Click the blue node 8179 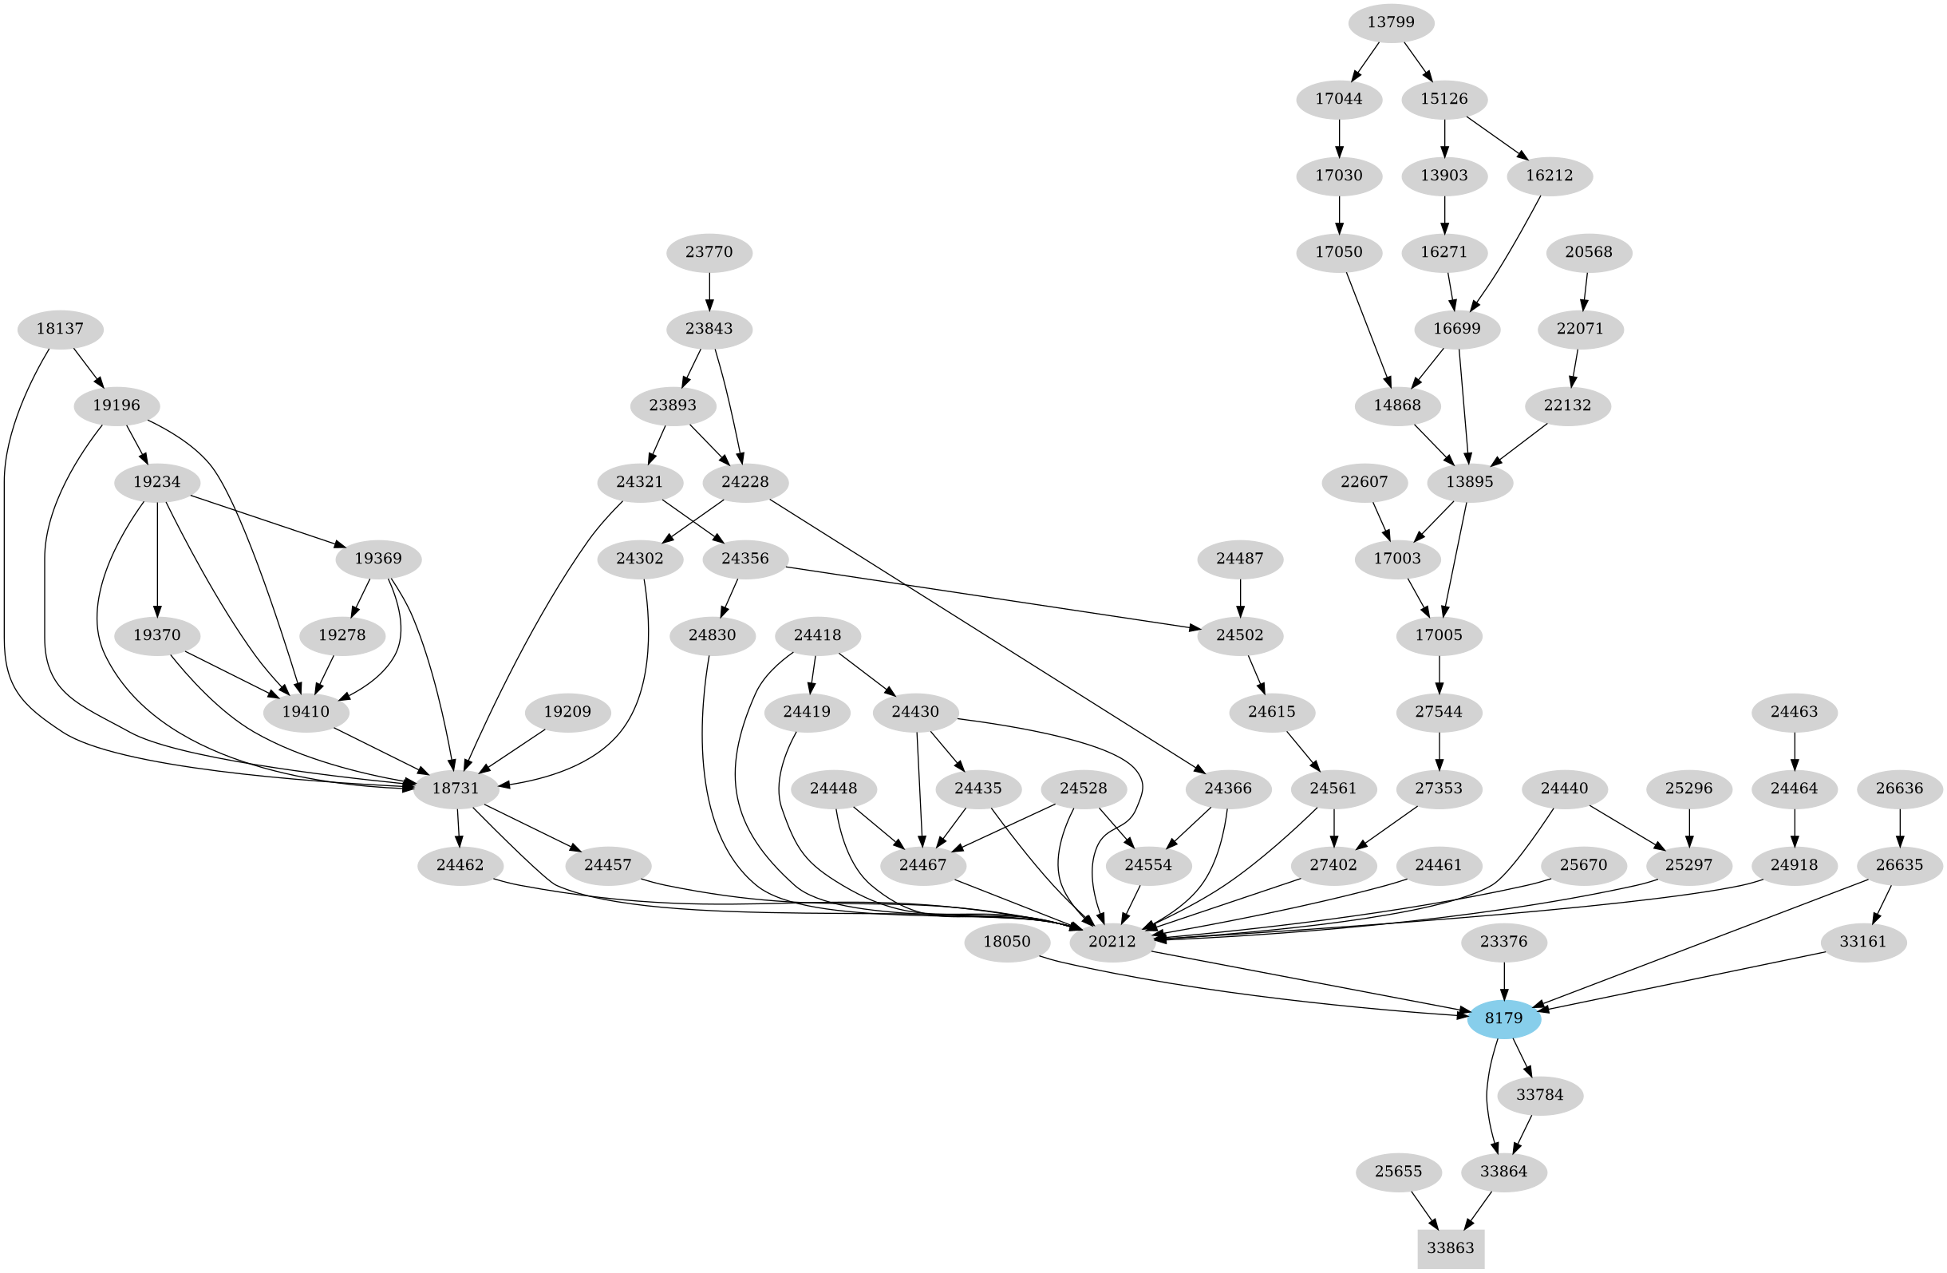click(1503, 1018)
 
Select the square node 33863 click(1451, 1248)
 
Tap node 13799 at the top click(1391, 22)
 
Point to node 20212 click(1112, 942)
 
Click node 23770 click(709, 252)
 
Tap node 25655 click(1398, 1172)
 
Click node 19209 click(567, 712)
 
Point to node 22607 click(1364, 482)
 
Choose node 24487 click(1240, 559)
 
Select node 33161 click(1862, 942)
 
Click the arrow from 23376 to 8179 click(1503, 979)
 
